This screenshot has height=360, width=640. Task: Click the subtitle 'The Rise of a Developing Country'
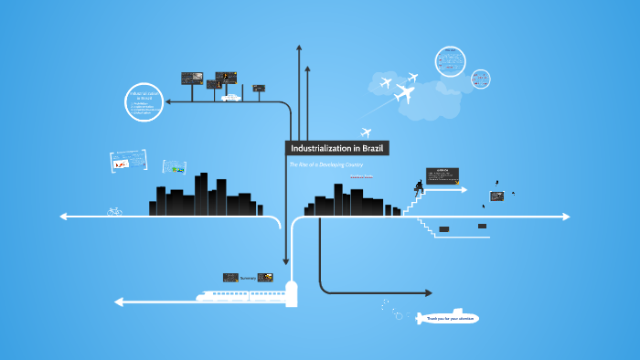[326, 164]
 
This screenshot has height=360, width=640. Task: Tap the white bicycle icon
[114, 211]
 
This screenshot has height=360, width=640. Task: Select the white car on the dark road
[230, 98]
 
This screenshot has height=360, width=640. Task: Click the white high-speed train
[240, 294]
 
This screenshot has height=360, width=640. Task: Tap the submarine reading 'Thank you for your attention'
[447, 318]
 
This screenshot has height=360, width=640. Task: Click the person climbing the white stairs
[419, 188]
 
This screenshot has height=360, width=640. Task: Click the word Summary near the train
[248, 277]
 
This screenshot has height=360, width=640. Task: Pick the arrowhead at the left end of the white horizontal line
[63, 217]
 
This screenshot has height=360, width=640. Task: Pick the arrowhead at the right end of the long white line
[566, 217]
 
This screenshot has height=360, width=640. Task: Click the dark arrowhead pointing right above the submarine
[427, 293]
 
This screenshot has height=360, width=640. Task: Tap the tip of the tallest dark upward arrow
[298, 46]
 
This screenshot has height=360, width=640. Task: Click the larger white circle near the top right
[452, 62]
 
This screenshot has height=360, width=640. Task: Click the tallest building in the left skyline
[221, 193]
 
